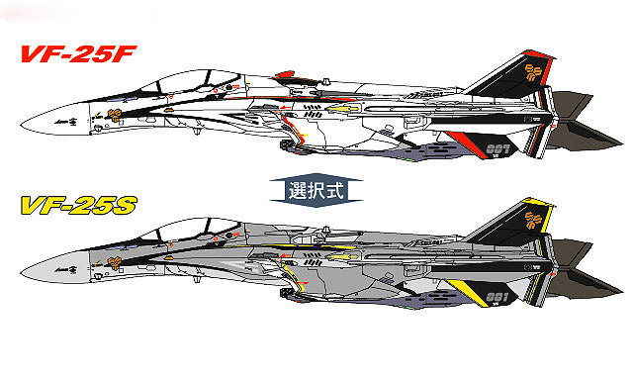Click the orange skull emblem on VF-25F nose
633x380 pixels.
pyautogui.click(x=115, y=115)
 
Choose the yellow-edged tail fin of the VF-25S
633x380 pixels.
pyautogui.click(x=515, y=227)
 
